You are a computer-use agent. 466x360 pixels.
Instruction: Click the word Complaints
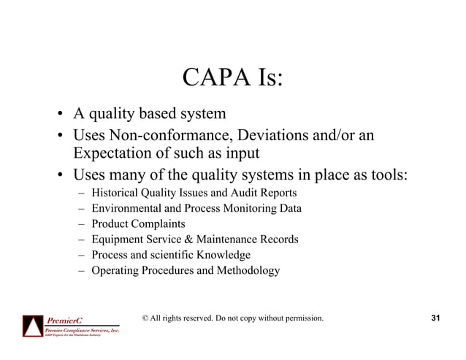coord(158,224)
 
